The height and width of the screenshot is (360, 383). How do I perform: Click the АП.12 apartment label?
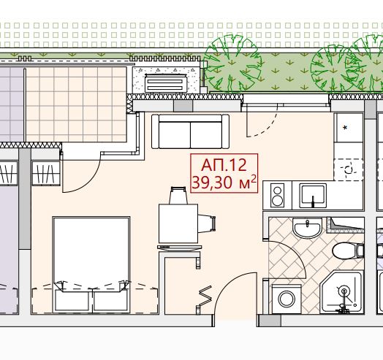click(x=224, y=165)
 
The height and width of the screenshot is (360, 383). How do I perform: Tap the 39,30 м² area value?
click(x=224, y=183)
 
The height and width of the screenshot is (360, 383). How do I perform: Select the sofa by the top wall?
click(x=190, y=131)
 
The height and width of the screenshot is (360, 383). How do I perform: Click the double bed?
click(x=91, y=264)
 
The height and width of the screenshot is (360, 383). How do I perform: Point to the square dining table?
click(x=178, y=223)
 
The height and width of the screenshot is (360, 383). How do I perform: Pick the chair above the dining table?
click(x=178, y=195)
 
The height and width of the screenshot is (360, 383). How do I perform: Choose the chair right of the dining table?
click(x=207, y=223)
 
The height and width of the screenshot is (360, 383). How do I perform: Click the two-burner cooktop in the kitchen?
click(x=277, y=195)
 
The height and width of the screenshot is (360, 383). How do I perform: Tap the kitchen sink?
click(x=313, y=196)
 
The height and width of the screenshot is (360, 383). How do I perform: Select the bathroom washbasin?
click(x=307, y=228)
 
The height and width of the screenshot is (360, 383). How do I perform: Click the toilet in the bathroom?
click(x=348, y=250)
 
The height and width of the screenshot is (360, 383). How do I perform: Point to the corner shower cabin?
click(x=342, y=292)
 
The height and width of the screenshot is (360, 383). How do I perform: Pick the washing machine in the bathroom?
click(x=287, y=299)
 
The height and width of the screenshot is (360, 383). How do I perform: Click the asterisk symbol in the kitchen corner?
click(x=345, y=128)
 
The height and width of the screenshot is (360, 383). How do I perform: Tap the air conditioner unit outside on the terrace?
click(x=166, y=83)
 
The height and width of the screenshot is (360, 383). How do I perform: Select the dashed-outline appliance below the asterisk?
click(x=349, y=169)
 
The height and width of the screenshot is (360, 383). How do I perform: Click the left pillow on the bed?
click(x=72, y=300)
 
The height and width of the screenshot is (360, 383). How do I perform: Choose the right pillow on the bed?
click(x=110, y=300)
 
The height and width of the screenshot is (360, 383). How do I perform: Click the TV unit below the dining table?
click(x=180, y=248)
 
